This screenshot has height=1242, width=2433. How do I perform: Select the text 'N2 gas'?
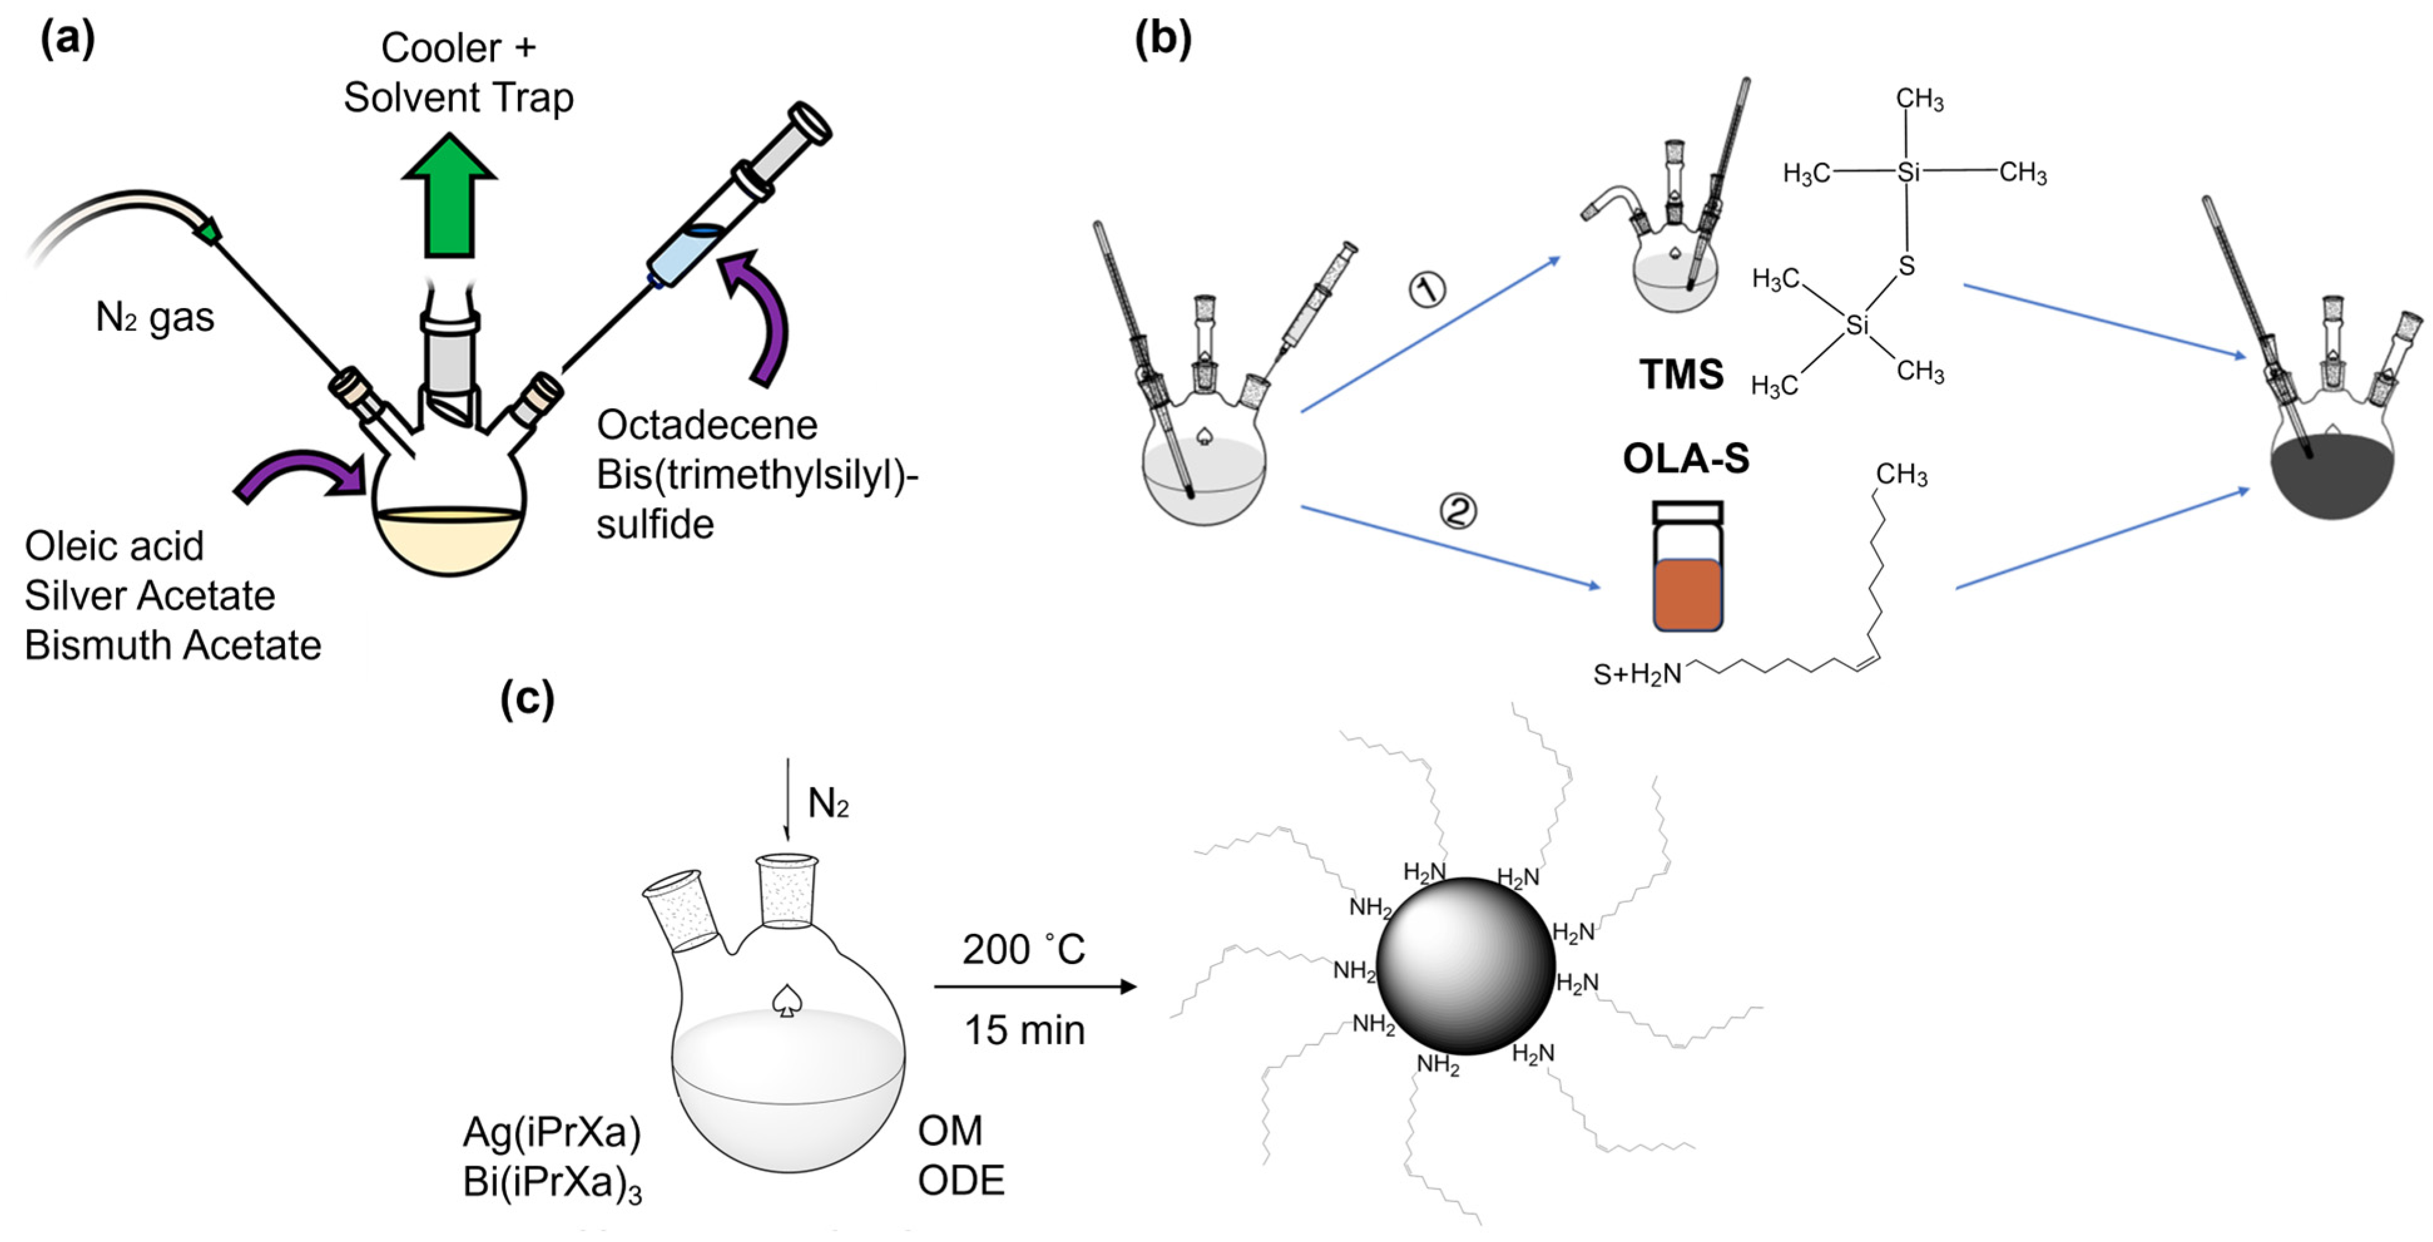click(155, 318)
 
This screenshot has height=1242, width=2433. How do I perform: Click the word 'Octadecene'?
click(706, 425)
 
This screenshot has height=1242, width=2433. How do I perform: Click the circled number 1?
click(1427, 289)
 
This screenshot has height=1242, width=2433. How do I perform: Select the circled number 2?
click(1457, 511)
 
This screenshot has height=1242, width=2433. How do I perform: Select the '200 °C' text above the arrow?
click(1024, 950)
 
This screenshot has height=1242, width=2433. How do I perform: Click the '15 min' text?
click(1024, 1030)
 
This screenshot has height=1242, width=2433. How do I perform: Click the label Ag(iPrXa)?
click(552, 1132)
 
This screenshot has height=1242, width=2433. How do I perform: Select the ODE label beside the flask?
click(961, 1181)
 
